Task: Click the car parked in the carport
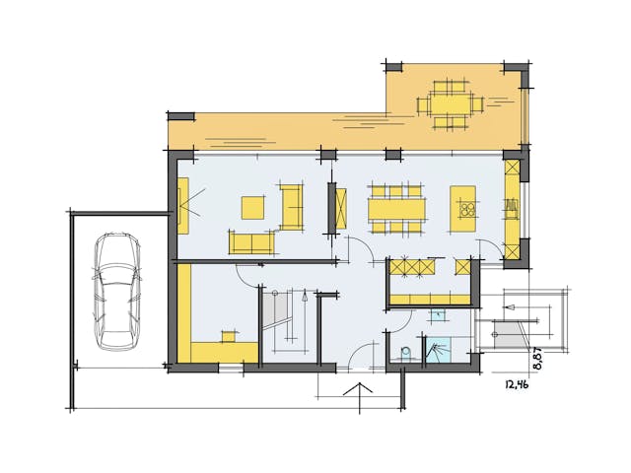pos(116,292)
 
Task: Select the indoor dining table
pos(396,209)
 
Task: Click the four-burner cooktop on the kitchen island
pos(465,208)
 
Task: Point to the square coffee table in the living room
pos(253,207)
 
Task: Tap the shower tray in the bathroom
pos(437,351)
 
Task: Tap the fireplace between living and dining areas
pos(338,208)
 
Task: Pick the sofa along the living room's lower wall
pos(252,241)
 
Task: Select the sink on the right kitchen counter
pos(512,208)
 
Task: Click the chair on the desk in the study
pos(230,335)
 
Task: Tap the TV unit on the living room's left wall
pos(183,205)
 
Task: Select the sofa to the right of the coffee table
pos(291,205)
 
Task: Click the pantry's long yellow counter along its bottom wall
pos(430,299)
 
